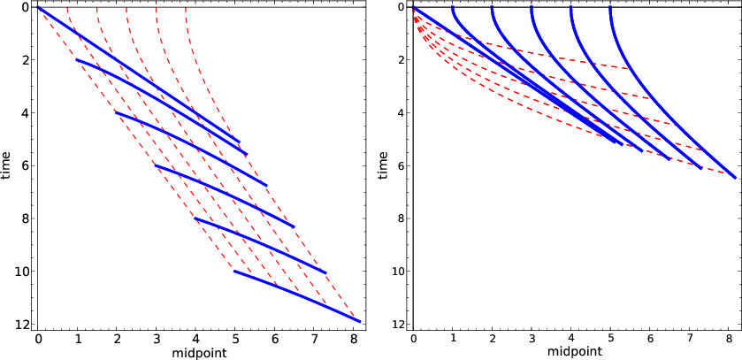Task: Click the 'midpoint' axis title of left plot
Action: coord(199,353)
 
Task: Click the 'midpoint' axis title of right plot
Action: coord(574,353)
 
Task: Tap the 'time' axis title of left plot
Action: coord(7,165)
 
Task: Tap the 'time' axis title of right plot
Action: coord(382,165)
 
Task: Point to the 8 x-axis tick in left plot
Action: coord(354,339)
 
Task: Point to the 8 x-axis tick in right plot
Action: coord(729,339)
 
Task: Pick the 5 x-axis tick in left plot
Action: coord(235,339)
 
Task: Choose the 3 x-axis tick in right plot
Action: coord(532,339)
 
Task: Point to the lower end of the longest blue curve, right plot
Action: coord(735,177)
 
